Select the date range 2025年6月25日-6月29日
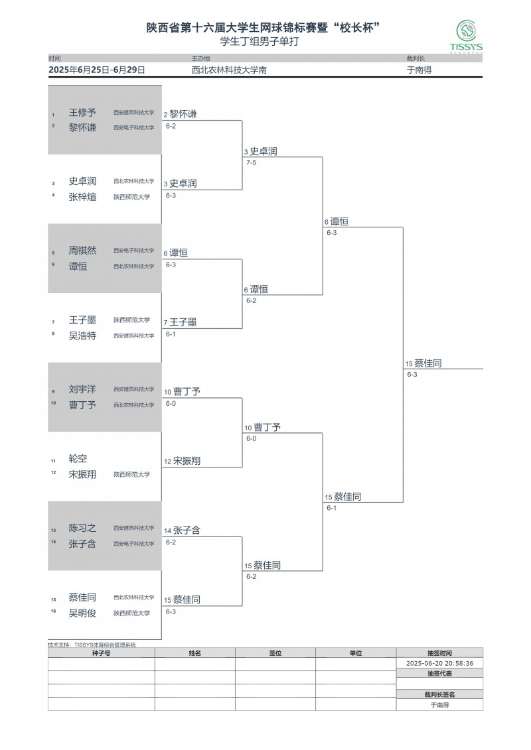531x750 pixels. pyautogui.click(x=97, y=70)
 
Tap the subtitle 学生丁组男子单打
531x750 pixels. pyautogui.click(x=265, y=42)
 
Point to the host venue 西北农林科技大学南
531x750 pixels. pyautogui.click(x=230, y=70)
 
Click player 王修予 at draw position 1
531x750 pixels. pyautogui.click(x=82, y=113)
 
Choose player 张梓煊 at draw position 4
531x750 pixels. pyautogui.click(x=82, y=197)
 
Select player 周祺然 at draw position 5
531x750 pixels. pyautogui.click(x=82, y=251)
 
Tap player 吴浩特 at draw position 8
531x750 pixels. pyautogui.click(x=82, y=336)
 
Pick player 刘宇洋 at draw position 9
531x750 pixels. pyautogui.click(x=82, y=389)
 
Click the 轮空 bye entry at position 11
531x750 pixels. pyautogui.click(x=78, y=459)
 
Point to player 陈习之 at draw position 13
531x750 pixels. pyautogui.click(x=82, y=529)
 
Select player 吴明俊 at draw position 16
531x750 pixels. pyautogui.click(x=82, y=613)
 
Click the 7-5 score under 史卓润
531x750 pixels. pyautogui.click(x=251, y=162)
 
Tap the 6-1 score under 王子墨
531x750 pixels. pyautogui.click(x=171, y=334)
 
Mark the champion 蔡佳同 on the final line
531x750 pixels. pyautogui.click(x=427, y=363)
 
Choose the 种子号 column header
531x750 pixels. pyautogui.click(x=101, y=653)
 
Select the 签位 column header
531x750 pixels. pyautogui.click(x=275, y=653)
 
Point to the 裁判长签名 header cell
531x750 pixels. pyautogui.click(x=439, y=694)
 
